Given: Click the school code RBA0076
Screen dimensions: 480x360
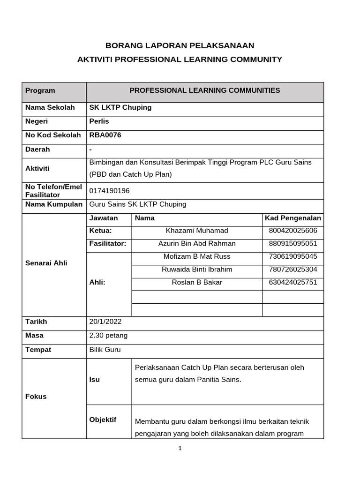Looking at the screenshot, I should pos(105,135).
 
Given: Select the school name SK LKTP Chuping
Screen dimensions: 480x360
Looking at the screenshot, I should pos(120,107).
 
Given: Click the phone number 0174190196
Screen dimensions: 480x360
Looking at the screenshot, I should pos(109,191).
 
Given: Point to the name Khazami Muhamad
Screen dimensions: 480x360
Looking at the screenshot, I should pos(197,231).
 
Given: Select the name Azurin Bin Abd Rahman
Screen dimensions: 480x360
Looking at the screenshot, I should pos(197,243).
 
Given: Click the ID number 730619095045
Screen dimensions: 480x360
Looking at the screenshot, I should pos(292,256).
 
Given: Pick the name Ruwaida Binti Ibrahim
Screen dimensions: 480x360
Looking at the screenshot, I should pos(197,270).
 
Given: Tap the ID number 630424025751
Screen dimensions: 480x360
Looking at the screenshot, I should pos(292,282).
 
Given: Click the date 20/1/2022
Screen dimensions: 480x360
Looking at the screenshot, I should pos(105,322).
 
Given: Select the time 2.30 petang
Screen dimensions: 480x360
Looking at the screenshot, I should pos(108,336).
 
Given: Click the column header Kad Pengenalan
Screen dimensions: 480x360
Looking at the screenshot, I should pos(292,218).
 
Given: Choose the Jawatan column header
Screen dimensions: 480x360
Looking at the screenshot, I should pos(104,218).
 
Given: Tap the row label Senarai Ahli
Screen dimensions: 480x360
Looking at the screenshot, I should pos(46,263).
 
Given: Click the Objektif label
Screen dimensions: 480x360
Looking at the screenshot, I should pos(103,420).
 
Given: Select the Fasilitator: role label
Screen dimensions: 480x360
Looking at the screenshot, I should pos(108,243).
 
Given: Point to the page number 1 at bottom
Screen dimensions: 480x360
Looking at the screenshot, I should pos(180,448).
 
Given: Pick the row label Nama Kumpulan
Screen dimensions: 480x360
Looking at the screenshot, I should pos(53,204).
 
